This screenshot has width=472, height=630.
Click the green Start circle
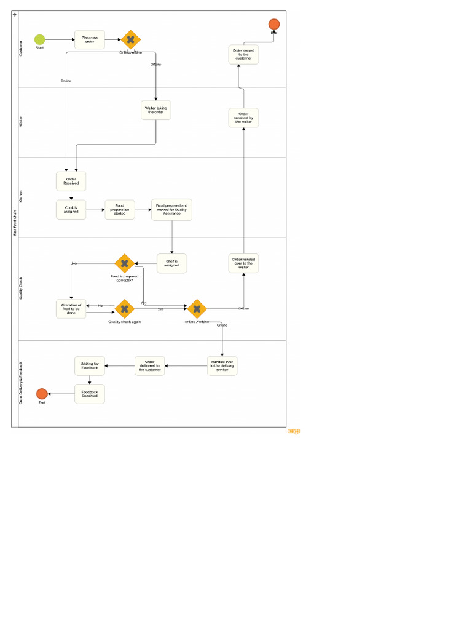click(x=40, y=39)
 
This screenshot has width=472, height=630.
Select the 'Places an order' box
click(x=90, y=39)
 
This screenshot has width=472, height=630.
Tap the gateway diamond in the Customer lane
click(x=130, y=40)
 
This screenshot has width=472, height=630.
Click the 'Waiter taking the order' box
click(x=156, y=110)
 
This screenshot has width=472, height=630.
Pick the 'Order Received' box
click(x=71, y=181)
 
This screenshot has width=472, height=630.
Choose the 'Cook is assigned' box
click(x=71, y=210)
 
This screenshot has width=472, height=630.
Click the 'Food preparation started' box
click(x=120, y=210)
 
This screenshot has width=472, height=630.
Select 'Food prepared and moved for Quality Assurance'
click(x=172, y=210)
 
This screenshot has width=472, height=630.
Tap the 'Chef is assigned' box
click(x=172, y=263)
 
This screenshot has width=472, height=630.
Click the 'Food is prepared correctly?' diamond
click(x=125, y=264)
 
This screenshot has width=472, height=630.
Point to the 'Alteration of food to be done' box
click(x=71, y=308)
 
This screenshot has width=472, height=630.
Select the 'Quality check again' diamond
click(x=125, y=309)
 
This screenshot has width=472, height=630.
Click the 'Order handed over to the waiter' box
click(x=243, y=263)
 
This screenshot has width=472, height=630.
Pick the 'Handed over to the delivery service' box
click(x=222, y=366)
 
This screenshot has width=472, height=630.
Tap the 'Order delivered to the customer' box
click(x=150, y=366)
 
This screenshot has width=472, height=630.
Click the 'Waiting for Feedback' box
click(x=90, y=366)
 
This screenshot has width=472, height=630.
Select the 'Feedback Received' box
click(x=90, y=394)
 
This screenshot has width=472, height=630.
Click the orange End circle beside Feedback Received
click(x=42, y=394)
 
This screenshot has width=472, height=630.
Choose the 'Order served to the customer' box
click(x=243, y=55)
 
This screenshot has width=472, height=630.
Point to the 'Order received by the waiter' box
click(x=243, y=118)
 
